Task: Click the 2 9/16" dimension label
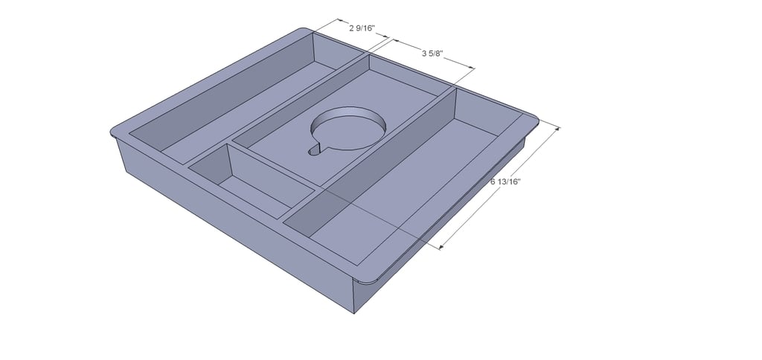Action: tap(362, 29)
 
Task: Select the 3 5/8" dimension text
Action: tap(434, 54)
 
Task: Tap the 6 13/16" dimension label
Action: tap(505, 181)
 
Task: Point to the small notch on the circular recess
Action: tap(315, 151)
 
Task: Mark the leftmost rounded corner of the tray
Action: tap(112, 131)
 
